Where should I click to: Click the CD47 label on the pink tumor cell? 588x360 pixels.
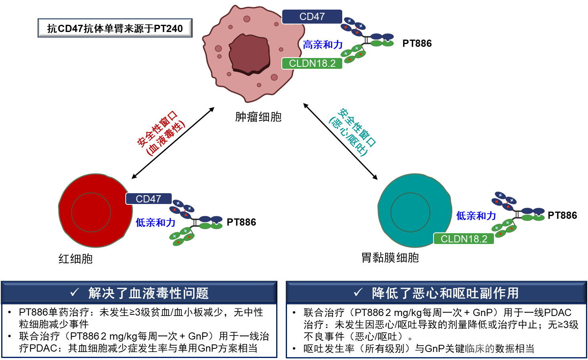312,17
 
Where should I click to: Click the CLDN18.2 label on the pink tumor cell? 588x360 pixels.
312,64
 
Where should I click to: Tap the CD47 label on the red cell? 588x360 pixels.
149,199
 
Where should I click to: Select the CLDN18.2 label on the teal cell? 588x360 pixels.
464,239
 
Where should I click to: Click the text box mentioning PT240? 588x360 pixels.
115,28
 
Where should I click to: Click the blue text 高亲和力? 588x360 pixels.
323,45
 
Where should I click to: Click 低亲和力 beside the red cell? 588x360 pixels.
155,222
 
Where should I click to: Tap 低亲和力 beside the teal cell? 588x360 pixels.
476,216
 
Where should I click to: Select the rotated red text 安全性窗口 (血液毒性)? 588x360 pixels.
161,133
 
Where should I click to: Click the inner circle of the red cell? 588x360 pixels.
91,212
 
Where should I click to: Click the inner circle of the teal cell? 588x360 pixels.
410,212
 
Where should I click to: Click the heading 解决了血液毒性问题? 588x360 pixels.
149,293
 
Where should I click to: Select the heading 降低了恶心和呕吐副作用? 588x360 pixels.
445,293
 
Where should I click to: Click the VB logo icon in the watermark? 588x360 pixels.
481,341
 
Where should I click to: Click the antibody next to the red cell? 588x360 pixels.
195,222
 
